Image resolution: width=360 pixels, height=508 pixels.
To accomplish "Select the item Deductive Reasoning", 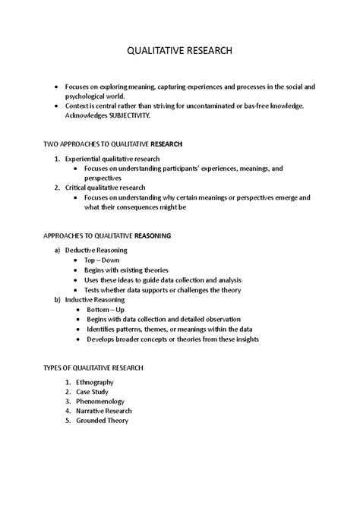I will [96, 250].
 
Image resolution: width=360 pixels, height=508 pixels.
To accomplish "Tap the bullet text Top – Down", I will [102, 260].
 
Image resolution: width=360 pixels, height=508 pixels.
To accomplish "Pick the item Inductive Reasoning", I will [94, 299].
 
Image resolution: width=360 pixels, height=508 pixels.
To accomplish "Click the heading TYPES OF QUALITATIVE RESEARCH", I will [100, 368].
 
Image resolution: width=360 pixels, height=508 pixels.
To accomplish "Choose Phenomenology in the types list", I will [94, 401].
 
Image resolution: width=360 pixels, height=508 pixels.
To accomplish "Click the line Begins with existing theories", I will [126, 270].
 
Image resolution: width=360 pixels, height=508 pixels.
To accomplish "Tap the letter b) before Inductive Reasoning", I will [57, 299].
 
